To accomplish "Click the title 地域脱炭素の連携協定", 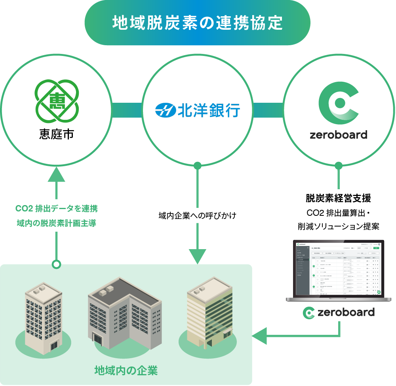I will click(197, 23).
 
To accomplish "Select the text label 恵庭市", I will click(57, 134).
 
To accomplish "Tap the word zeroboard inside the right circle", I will click(338, 134).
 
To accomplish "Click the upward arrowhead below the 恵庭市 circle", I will click(57, 174).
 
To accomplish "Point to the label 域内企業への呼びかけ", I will click(197, 216).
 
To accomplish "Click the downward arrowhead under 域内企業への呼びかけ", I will click(197, 255).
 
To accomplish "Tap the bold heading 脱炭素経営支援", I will click(338, 198).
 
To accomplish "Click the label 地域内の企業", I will click(126, 371).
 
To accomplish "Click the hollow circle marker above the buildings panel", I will click(57, 264).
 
